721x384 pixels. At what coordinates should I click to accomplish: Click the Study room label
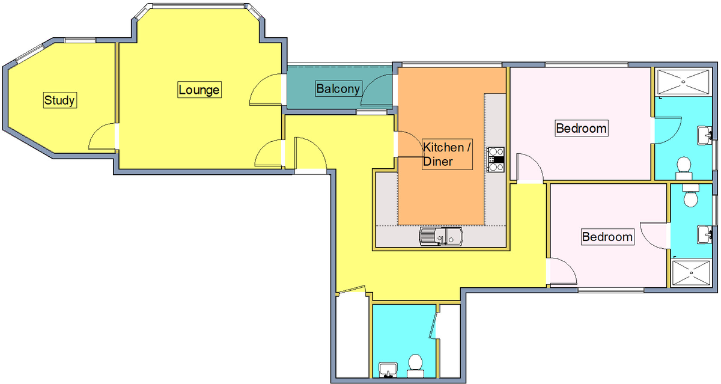click(x=60, y=100)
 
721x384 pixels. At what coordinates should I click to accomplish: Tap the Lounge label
click(x=199, y=90)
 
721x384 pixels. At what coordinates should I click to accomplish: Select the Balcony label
click(x=338, y=88)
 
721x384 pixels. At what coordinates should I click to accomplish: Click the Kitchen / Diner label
click(x=447, y=154)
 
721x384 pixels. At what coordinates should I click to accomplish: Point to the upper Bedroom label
click(x=582, y=128)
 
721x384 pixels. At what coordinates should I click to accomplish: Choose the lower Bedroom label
click(x=607, y=237)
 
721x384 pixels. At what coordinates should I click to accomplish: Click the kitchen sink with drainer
click(x=441, y=236)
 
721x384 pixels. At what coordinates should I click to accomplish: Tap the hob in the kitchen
click(x=495, y=159)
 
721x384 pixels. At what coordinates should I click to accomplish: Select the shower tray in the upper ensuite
click(x=683, y=82)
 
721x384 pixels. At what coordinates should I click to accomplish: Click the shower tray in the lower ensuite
click(x=691, y=273)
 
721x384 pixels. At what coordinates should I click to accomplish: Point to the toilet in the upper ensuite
click(x=684, y=168)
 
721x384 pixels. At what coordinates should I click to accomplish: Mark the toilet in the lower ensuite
click(x=690, y=195)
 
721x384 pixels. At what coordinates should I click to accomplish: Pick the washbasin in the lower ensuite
click(x=704, y=234)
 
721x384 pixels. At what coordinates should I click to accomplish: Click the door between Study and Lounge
click(x=102, y=136)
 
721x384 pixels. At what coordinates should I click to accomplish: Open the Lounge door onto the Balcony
click(x=266, y=90)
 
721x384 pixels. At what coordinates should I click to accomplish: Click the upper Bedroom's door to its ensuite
click(x=668, y=130)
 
